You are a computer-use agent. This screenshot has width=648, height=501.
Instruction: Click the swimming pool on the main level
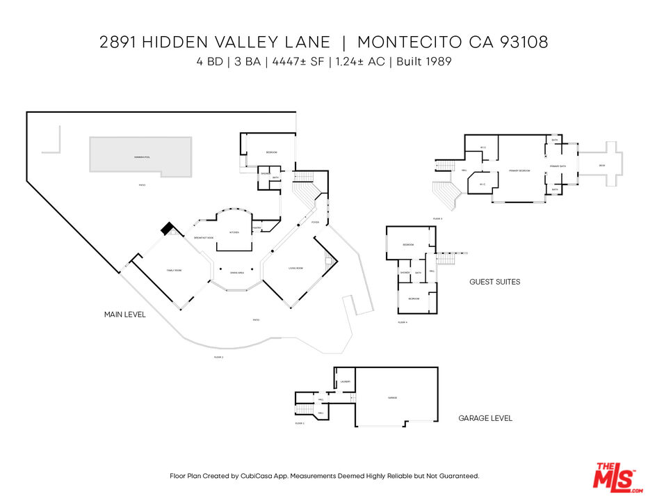coord(140,154)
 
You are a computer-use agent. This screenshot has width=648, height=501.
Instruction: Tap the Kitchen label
coord(234,232)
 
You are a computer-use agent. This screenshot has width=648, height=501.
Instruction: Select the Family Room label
coord(173,271)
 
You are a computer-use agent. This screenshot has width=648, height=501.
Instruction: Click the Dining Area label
coord(236,273)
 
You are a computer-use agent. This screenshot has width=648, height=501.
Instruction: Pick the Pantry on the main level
coord(257,227)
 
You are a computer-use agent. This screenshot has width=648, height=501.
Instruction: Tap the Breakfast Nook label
coord(204,238)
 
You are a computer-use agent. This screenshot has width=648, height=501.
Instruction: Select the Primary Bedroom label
coord(519,170)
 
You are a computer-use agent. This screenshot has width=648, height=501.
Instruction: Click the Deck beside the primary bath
coord(601,165)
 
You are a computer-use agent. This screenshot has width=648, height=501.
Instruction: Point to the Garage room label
coord(392,397)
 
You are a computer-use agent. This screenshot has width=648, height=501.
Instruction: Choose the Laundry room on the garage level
coord(345,382)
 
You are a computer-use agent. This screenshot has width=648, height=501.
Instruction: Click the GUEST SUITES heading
coord(494,282)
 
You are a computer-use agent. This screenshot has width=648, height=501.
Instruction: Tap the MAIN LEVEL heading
coord(124,315)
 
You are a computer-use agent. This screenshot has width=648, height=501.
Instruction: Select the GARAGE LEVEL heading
coord(485,418)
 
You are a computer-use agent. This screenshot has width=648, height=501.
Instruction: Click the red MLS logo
coord(614,477)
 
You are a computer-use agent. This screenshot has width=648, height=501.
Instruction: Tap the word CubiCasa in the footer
coord(255,476)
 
